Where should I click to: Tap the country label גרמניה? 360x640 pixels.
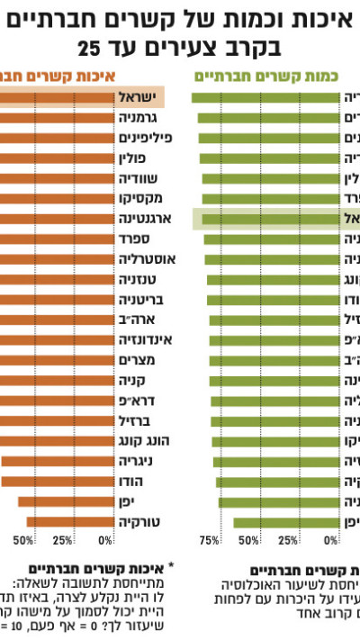click(139, 118)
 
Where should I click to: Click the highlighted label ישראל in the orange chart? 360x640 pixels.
click(139, 97)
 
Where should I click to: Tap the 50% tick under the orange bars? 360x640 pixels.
click(23, 541)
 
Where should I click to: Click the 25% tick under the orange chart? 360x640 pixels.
click(63, 541)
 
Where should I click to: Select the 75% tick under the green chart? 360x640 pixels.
click(209, 541)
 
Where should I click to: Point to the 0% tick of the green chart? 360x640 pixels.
click(331, 541)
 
